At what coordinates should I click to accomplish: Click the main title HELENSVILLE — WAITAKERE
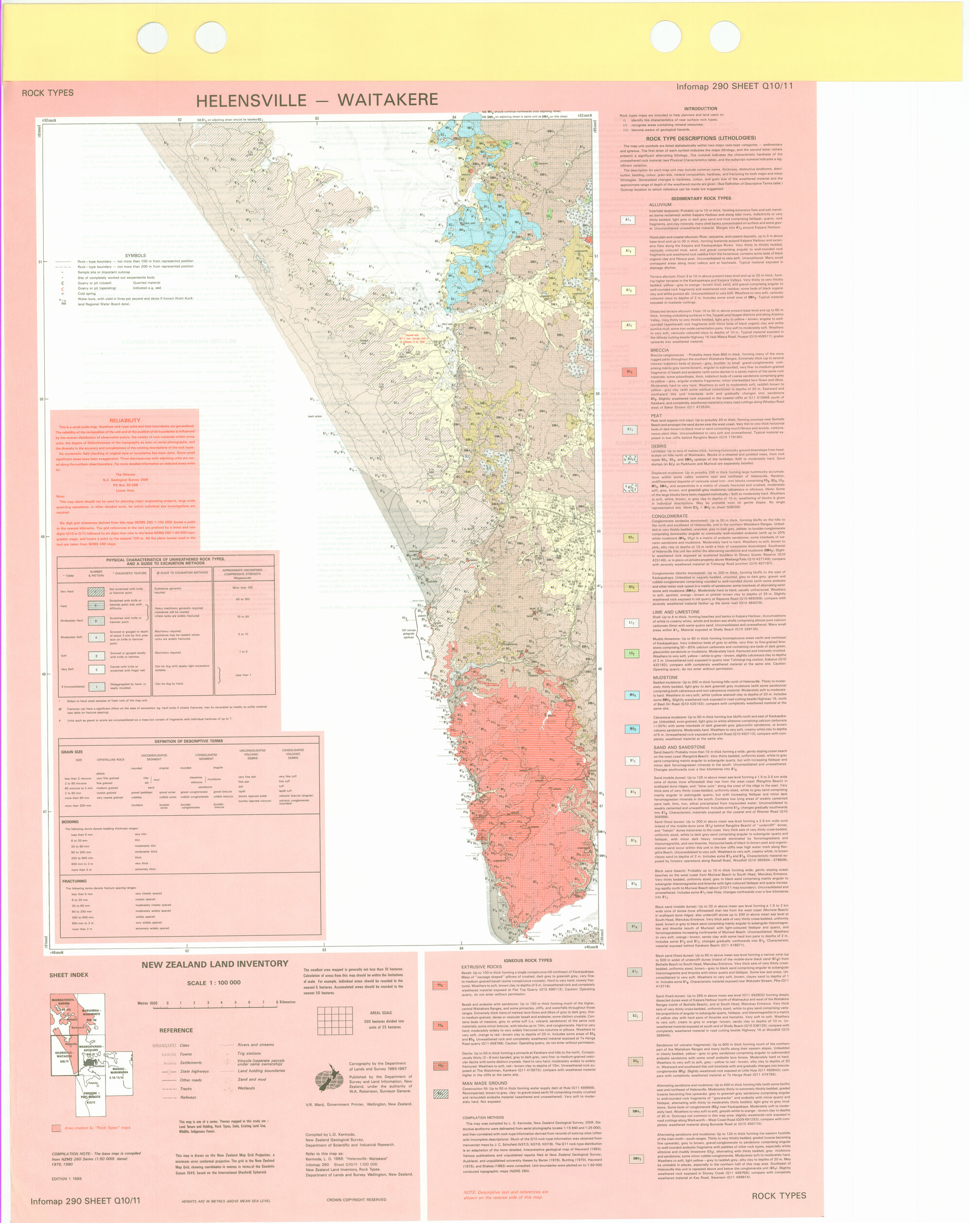317,101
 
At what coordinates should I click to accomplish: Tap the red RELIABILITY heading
126,420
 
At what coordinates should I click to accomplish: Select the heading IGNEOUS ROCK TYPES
528,960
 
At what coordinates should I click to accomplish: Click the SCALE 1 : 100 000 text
214,982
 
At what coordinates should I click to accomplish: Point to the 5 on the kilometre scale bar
235,1003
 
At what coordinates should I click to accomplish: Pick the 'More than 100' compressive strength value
243,587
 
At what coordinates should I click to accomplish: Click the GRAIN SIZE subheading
72,752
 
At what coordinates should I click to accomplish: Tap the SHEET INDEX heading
68,975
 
